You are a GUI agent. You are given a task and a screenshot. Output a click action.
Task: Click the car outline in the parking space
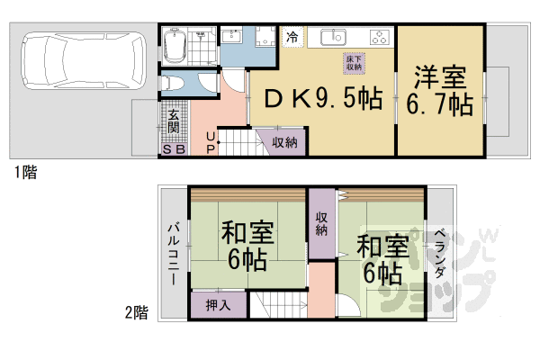[x=78, y=61]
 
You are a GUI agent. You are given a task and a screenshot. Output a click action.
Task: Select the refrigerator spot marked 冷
[x=292, y=37]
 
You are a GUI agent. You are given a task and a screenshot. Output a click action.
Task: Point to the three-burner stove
[x=379, y=38]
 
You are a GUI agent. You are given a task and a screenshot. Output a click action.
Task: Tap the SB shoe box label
[x=174, y=149]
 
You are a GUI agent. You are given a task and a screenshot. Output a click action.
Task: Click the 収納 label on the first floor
[x=285, y=142]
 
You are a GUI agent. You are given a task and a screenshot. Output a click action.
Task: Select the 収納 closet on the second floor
[x=321, y=223]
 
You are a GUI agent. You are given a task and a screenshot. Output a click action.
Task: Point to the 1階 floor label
[x=24, y=172]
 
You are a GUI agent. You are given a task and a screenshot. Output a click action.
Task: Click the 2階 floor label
[x=136, y=312]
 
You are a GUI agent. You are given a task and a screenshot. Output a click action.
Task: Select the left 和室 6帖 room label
[x=248, y=247]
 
